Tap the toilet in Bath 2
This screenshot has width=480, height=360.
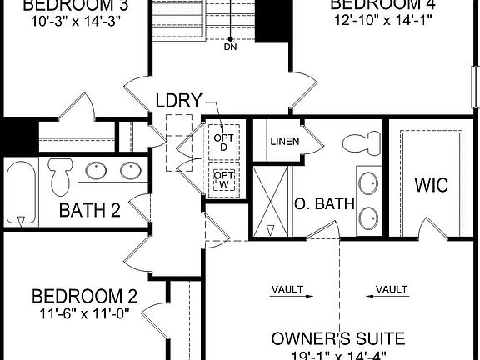click(59, 175)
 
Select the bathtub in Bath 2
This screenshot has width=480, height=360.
click(19, 193)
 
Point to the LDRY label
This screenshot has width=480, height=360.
click(178, 101)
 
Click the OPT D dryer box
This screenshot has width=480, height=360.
click(223, 142)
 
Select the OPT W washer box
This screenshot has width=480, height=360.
click(223, 179)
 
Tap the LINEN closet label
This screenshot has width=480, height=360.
click(284, 141)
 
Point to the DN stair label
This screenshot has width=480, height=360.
click(231, 47)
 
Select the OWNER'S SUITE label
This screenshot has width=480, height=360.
click(338, 338)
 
